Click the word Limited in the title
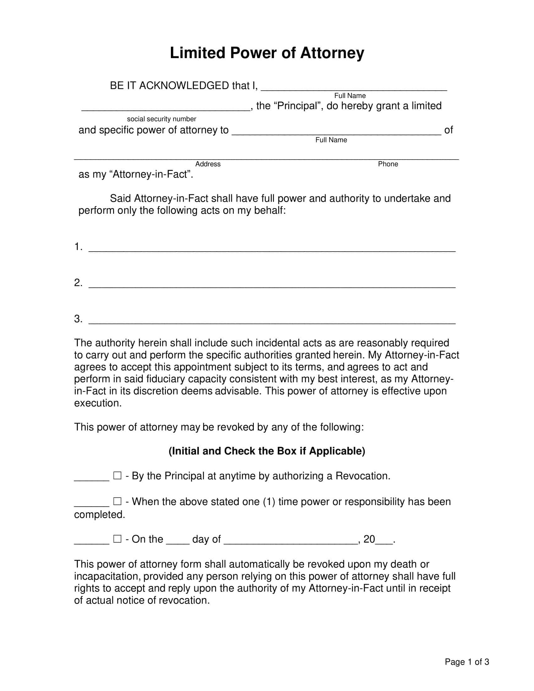197,53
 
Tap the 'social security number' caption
161,119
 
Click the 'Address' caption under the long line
208,164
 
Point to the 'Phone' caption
388,164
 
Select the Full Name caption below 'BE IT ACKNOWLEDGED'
350,95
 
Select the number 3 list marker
78,318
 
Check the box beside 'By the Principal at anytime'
117,476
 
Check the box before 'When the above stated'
117,501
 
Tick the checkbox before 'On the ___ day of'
117,539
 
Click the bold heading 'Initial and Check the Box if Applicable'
267,451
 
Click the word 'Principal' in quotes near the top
298,106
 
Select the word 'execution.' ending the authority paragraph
98,403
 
